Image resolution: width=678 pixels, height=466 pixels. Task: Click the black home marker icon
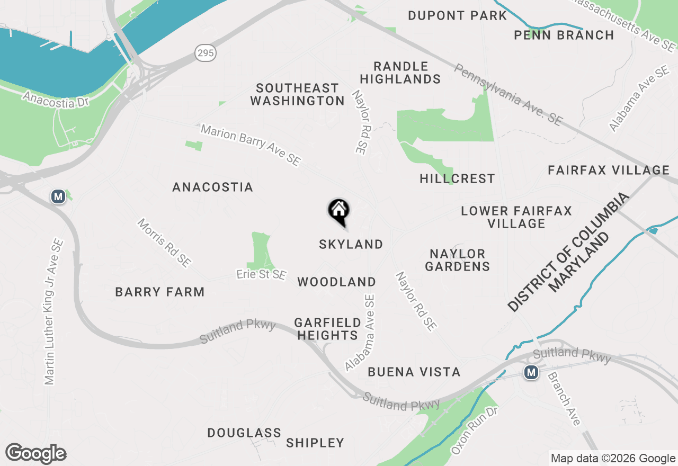(339, 211)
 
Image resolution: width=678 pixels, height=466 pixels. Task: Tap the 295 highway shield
(205, 52)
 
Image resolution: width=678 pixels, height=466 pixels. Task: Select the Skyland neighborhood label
(351, 244)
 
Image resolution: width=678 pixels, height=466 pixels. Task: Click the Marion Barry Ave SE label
(251, 145)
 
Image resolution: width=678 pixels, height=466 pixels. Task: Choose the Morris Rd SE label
(164, 243)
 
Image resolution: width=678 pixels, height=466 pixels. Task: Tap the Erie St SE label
(261, 275)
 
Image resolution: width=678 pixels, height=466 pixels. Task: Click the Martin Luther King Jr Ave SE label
(54, 312)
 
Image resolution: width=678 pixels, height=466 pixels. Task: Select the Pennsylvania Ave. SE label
(507, 95)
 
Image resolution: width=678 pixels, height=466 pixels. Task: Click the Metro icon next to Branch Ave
(531, 372)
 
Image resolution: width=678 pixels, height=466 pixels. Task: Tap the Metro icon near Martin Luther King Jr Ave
(58, 197)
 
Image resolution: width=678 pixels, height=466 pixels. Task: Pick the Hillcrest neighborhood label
(457, 179)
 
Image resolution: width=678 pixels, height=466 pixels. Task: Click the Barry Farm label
(159, 292)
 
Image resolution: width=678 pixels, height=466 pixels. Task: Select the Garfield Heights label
(327, 329)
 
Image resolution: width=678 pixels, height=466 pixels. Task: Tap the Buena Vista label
(414, 372)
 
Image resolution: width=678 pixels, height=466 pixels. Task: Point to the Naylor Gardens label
(458, 260)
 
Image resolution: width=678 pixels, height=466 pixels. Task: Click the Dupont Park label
(457, 15)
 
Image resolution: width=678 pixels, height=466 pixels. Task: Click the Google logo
(35, 454)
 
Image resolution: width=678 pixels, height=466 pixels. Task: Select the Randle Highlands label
(407, 73)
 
